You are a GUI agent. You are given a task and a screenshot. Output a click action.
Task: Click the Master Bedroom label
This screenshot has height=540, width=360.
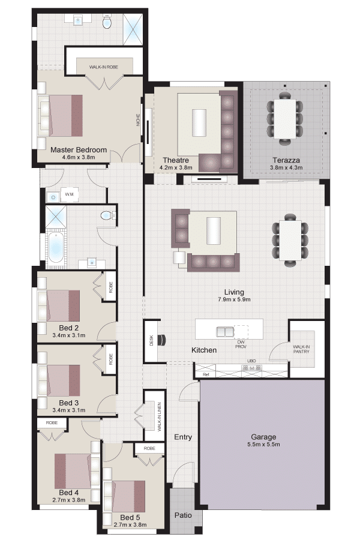[x=79, y=150]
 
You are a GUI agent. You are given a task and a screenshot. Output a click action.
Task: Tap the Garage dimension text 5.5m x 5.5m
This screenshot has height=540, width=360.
[x=263, y=444]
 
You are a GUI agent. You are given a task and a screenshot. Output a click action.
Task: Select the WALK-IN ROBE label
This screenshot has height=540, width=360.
[x=104, y=67]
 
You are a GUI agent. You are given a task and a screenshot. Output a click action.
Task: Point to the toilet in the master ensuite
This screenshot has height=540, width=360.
[x=107, y=22]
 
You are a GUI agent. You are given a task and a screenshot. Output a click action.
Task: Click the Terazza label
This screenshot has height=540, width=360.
[x=286, y=160]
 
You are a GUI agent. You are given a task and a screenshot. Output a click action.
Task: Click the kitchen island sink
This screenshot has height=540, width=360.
[x=225, y=331]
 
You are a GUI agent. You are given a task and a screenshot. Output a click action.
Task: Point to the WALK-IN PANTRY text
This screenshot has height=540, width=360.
[x=301, y=349]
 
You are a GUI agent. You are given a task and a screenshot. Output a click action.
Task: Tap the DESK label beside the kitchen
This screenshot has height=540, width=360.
[x=151, y=341]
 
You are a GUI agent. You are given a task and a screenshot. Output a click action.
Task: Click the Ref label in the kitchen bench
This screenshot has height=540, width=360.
[x=206, y=374]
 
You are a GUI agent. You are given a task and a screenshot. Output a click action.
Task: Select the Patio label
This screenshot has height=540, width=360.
[x=183, y=515]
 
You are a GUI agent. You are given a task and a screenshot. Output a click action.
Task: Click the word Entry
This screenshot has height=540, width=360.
[x=183, y=437]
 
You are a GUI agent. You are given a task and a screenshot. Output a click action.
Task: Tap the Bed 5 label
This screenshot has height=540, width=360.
[x=130, y=517]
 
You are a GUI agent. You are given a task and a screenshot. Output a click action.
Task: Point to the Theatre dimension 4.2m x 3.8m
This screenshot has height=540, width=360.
[x=176, y=168]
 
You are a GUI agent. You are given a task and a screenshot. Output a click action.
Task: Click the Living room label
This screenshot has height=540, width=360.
[x=234, y=292]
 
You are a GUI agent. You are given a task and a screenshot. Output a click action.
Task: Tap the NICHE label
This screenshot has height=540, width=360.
[x=139, y=120]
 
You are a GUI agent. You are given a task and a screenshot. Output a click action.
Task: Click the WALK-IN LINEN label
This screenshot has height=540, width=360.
[x=159, y=417]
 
